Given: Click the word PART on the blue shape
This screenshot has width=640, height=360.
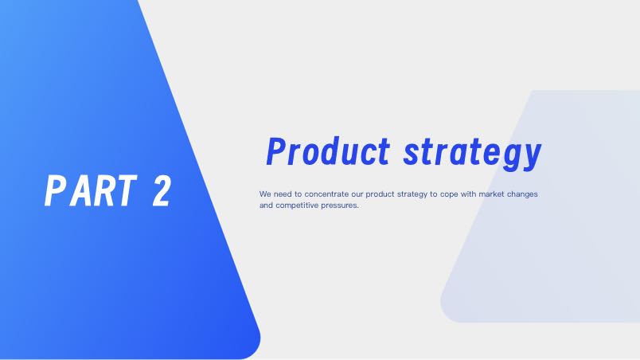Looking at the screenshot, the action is (x=91, y=190).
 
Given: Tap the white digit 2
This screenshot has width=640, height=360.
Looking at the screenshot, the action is (x=162, y=190).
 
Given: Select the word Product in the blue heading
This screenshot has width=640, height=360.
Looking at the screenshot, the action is (x=328, y=151).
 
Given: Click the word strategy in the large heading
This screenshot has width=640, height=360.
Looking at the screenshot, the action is (x=472, y=154).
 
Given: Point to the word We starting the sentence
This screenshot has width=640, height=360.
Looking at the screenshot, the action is (x=265, y=194).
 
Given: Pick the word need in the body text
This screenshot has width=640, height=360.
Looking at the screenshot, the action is (x=283, y=194).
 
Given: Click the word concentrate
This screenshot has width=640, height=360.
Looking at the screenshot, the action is (x=326, y=194).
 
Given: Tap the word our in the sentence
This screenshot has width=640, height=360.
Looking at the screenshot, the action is (x=357, y=194).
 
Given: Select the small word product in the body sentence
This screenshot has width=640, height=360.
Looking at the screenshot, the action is (x=380, y=194).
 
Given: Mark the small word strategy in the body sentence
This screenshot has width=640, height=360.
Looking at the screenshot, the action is (x=412, y=194).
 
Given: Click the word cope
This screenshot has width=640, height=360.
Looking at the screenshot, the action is (x=449, y=195).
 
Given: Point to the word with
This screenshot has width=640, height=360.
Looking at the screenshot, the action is (x=468, y=194).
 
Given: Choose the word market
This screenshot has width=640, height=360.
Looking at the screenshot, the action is (x=491, y=194).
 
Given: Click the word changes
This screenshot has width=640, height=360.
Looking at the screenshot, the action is (x=522, y=194).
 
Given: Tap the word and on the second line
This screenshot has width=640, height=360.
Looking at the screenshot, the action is (x=266, y=205).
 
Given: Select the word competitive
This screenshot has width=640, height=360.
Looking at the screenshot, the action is (x=297, y=205).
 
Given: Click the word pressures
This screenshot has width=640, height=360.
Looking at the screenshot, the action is (x=340, y=206).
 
